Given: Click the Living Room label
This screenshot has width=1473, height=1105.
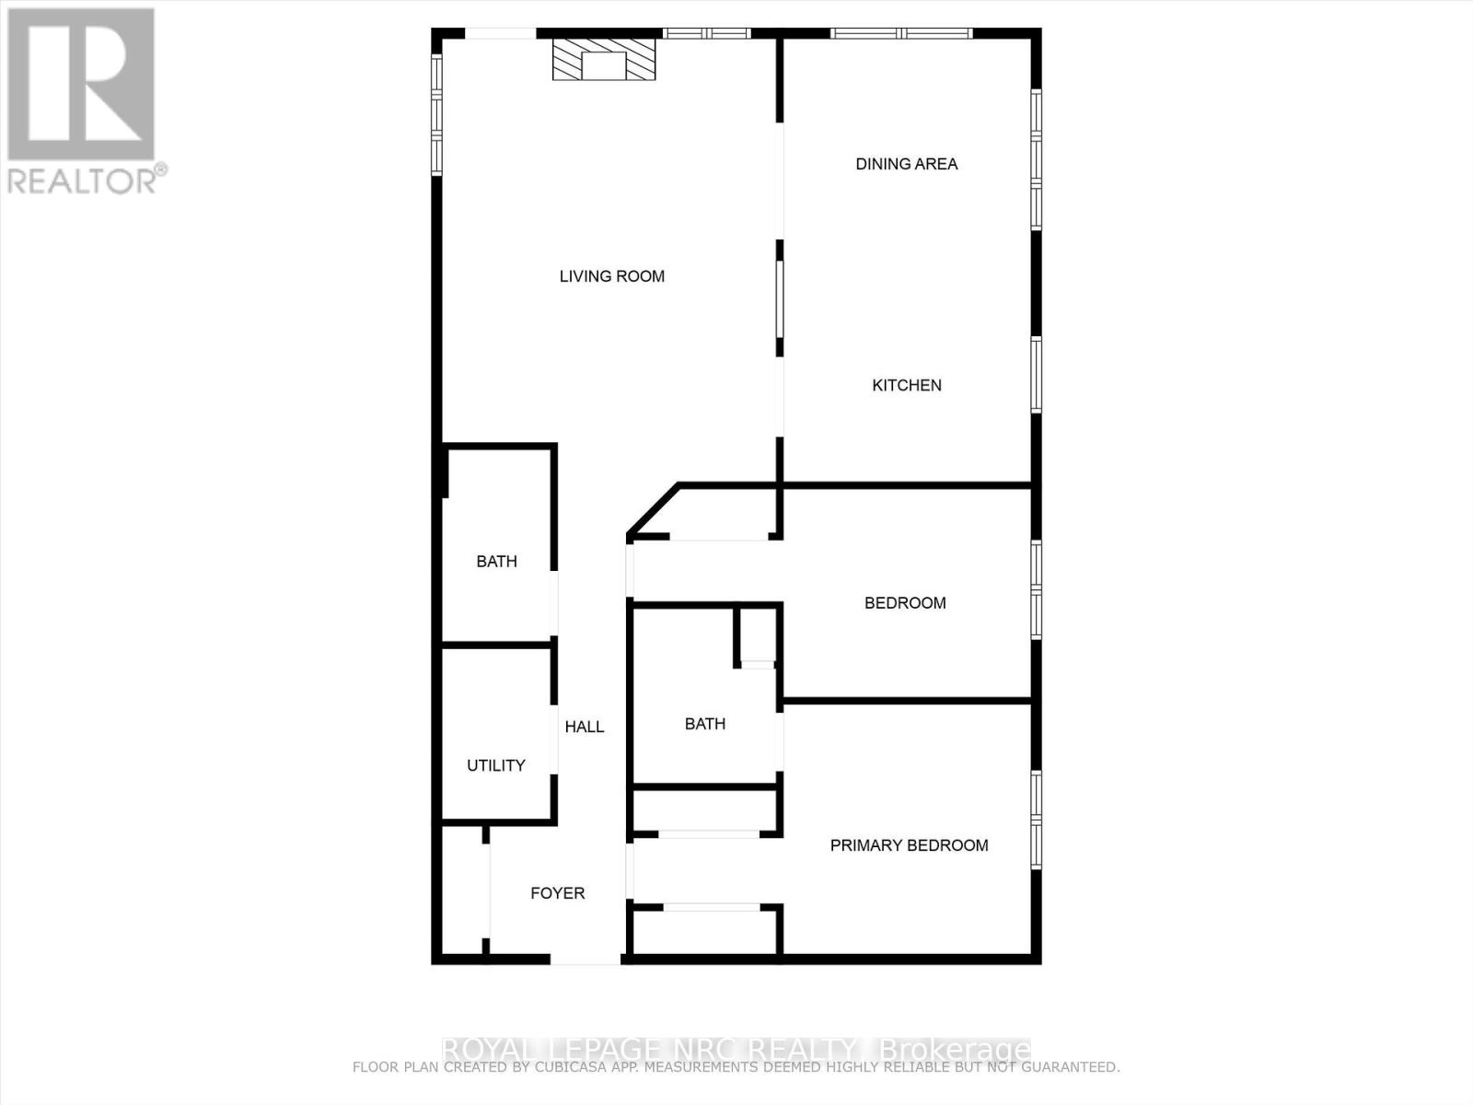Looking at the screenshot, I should (612, 276).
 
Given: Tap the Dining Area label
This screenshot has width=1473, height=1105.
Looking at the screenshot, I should (907, 164).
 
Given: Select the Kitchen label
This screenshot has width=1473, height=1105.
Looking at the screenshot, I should (907, 385).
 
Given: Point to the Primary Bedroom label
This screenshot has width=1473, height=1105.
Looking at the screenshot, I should (909, 845).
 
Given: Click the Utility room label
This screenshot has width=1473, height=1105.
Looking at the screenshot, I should (496, 765).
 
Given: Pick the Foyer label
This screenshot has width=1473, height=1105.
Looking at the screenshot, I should (558, 893).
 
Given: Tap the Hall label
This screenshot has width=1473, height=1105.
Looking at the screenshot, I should (585, 727).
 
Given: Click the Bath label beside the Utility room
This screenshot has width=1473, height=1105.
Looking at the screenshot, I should (496, 562).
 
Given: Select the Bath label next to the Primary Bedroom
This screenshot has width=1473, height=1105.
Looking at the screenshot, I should (705, 724).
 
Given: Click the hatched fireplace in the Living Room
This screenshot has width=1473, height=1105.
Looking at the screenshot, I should (604, 59).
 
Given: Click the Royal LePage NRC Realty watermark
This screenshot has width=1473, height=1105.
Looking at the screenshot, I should (736, 1050).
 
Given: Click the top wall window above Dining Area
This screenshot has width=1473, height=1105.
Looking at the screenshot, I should (902, 34).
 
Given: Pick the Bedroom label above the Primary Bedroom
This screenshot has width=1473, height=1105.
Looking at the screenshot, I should (905, 603).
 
